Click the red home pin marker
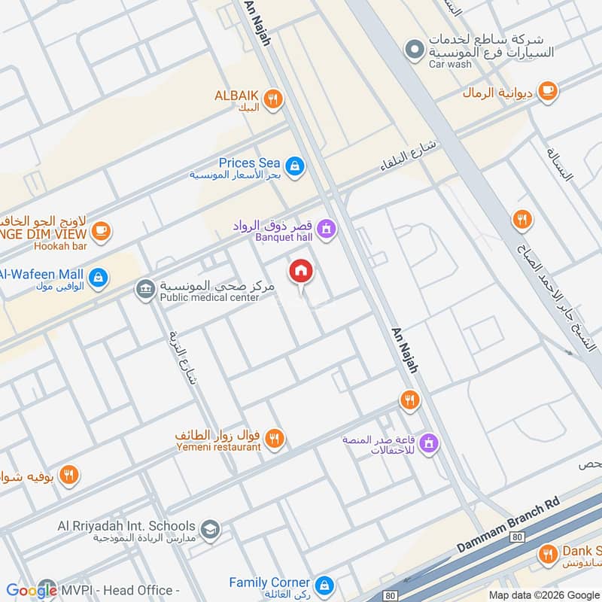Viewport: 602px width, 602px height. [301, 272]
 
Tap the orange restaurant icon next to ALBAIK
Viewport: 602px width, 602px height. [273, 97]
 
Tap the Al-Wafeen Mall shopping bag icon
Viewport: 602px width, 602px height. [97, 278]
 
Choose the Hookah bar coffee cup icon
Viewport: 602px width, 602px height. [102, 231]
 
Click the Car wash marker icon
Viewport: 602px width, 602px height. [412, 51]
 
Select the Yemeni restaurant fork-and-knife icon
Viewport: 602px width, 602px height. [275, 438]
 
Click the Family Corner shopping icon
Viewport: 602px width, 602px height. [324, 584]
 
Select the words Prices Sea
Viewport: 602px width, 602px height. [249, 163]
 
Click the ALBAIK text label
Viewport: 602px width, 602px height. [236, 96]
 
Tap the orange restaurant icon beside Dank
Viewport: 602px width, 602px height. [548, 555]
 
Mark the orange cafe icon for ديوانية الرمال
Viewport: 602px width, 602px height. [548, 91]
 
